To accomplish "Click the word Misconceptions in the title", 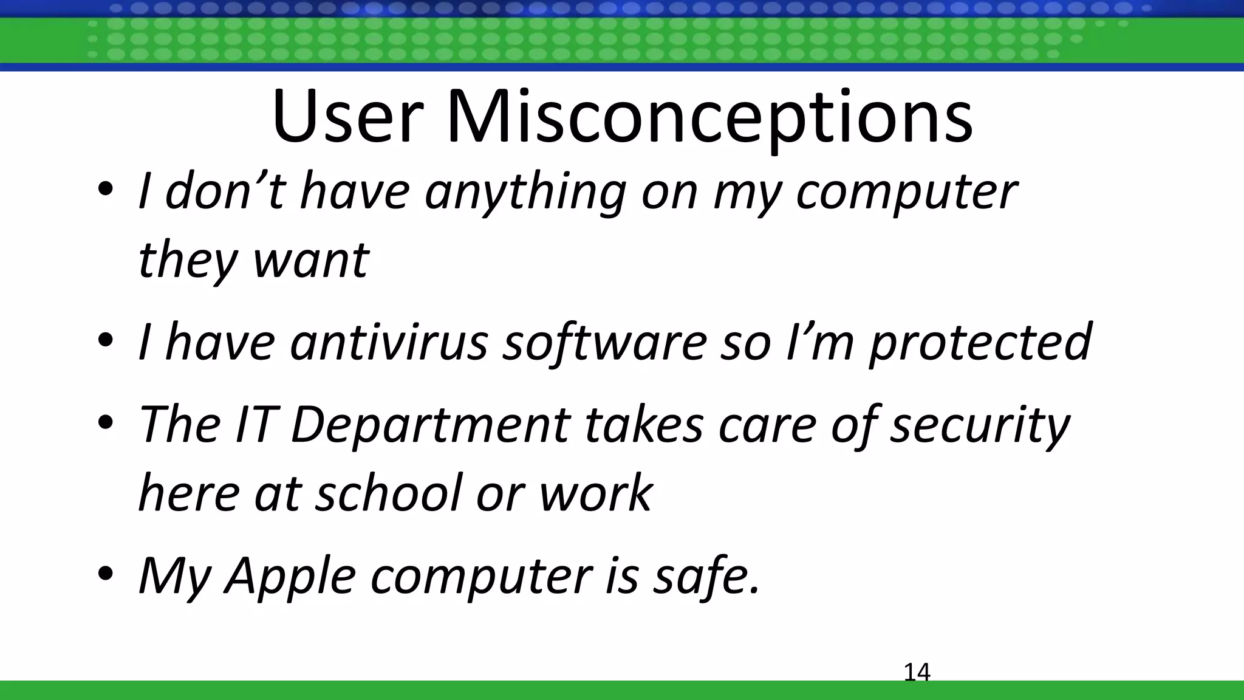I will click(x=709, y=117).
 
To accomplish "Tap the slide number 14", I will click(x=917, y=672).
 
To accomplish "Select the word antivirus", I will click(x=389, y=341).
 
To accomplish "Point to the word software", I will click(x=604, y=341).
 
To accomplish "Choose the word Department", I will click(x=431, y=424).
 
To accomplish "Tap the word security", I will click(x=980, y=424).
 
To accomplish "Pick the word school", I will click(x=388, y=492).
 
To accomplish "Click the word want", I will click(x=310, y=260).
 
